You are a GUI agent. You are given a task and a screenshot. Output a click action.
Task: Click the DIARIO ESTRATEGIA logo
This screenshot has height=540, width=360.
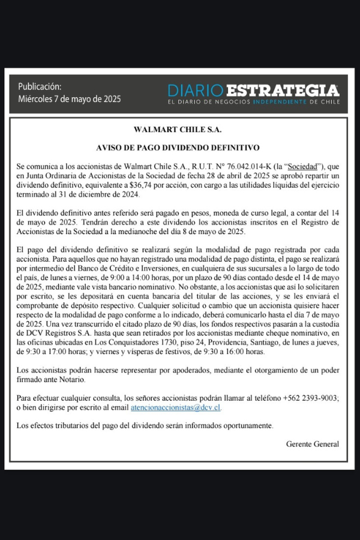(253, 91)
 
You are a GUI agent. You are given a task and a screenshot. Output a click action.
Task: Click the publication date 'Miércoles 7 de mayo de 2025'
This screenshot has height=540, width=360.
(69, 99)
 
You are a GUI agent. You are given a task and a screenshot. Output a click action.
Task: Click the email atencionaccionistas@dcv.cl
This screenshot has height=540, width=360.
(176, 407)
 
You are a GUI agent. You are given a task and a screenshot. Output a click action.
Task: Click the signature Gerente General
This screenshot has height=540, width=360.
(313, 444)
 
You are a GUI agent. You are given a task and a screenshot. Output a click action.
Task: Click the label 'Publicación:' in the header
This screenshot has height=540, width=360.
(40, 86)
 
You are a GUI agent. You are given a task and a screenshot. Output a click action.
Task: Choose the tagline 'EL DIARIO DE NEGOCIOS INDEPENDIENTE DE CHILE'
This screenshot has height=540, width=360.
(253, 103)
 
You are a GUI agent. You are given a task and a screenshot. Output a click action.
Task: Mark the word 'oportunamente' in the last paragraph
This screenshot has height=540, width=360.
(245, 425)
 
